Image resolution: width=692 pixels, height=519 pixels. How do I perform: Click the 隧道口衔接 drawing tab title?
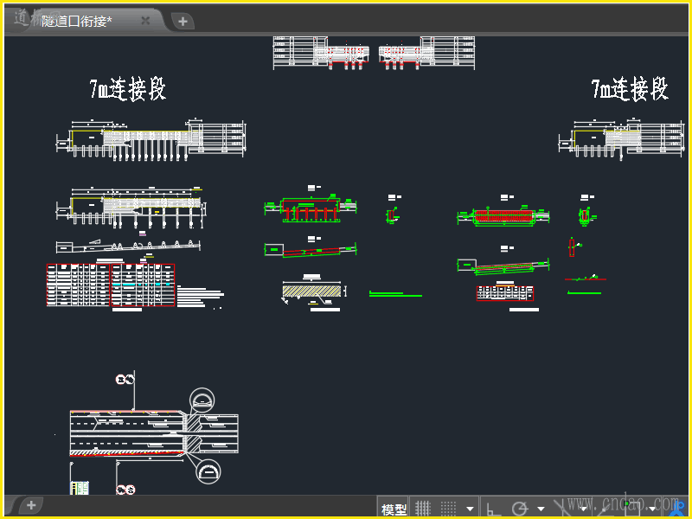pyautogui.click(x=77, y=21)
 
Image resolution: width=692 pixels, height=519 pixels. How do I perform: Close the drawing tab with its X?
pyautogui.click(x=145, y=21)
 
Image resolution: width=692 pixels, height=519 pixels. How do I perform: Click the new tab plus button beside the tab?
pyautogui.click(x=183, y=22)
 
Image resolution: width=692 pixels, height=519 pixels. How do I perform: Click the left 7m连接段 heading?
pyautogui.click(x=127, y=89)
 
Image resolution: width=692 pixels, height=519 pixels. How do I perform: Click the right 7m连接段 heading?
pyautogui.click(x=630, y=89)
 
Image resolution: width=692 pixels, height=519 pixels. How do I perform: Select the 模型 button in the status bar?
pyautogui.click(x=394, y=509)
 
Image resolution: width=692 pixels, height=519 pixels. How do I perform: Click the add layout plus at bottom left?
pyautogui.click(x=31, y=504)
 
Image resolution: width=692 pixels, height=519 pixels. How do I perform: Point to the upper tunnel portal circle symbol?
pyautogui.click(x=205, y=400)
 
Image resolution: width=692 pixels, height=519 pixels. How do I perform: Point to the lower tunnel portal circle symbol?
pyautogui.click(x=208, y=471)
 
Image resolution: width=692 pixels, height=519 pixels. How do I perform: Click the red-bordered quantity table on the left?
pyautogui.click(x=110, y=285)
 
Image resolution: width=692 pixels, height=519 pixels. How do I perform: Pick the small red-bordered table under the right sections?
pyautogui.click(x=505, y=293)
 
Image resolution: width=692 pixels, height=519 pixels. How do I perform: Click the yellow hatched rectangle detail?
pyautogui.click(x=311, y=292)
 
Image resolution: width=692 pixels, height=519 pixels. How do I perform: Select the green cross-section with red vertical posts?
pyautogui.click(x=310, y=209)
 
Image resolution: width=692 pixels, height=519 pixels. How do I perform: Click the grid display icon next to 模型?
pyautogui.click(x=423, y=509)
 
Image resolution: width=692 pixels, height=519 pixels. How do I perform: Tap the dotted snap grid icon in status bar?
pyautogui.click(x=449, y=509)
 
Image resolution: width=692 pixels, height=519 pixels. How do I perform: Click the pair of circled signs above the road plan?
pyautogui.click(x=125, y=379)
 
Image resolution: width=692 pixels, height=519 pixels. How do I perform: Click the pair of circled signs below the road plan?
pyautogui.click(x=125, y=490)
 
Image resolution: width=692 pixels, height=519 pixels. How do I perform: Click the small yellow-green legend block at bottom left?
pyautogui.click(x=80, y=489)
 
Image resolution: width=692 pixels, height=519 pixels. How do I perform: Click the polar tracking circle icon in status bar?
pyautogui.click(x=520, y=509)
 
